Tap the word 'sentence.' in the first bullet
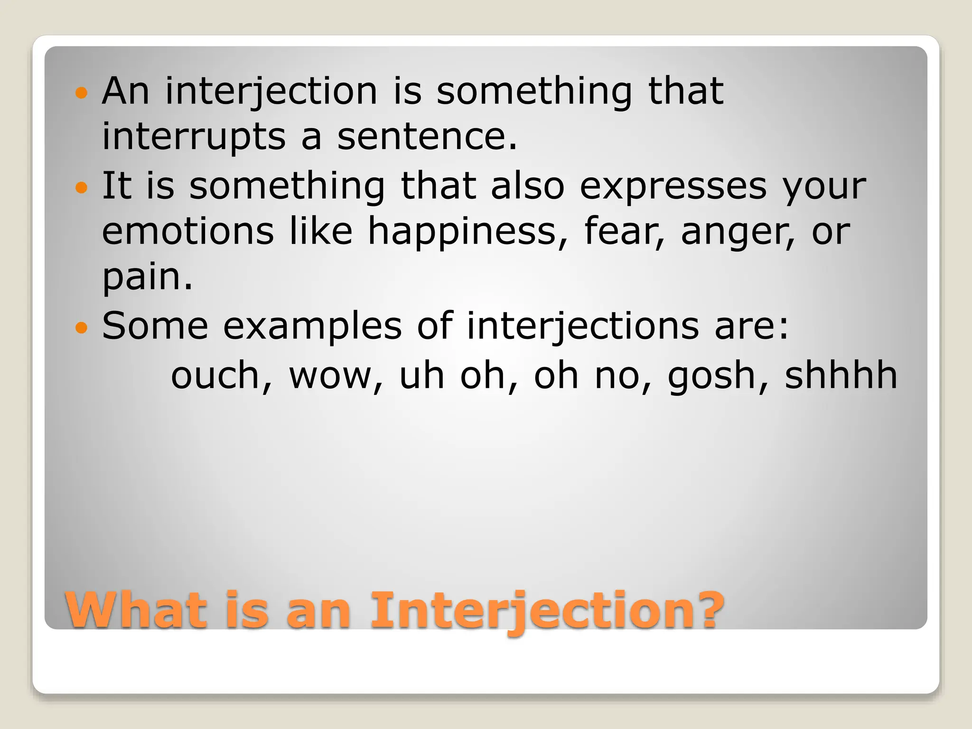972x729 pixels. [427, 137]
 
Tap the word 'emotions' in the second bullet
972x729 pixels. [188, 231]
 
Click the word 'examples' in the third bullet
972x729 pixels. [312, 327]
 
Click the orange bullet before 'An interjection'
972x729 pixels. [82, 93]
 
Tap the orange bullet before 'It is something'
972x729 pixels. [82, 187]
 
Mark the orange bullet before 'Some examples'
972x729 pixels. [82, 327]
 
